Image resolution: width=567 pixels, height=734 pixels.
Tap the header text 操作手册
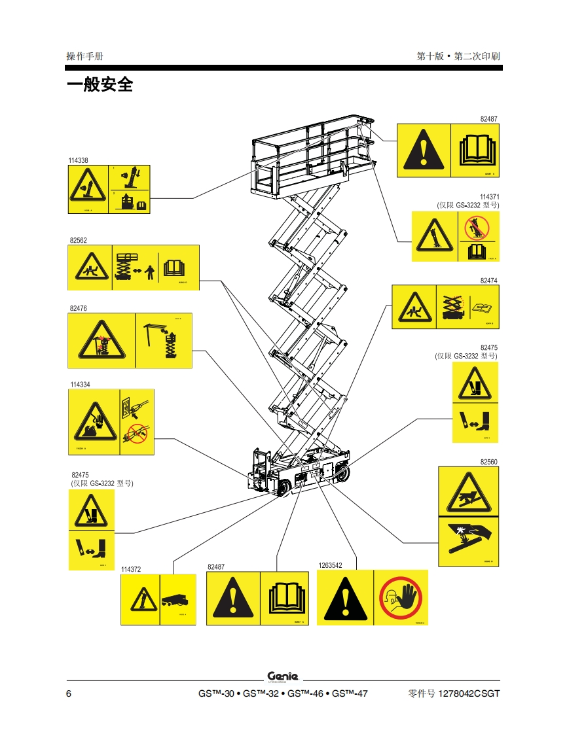coord(84,56)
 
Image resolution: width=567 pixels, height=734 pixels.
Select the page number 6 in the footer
coord(69,693)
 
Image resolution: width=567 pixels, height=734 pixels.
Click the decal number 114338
coord(78,160)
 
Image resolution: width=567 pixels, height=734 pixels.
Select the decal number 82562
coord(78,240)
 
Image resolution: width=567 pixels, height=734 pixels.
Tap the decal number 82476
coord(78,308)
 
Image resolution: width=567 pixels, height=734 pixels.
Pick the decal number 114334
coord(80,385)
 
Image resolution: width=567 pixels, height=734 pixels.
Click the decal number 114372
coord(131,569)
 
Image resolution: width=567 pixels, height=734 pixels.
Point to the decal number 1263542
coord(331,565)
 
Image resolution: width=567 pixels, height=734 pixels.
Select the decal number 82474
coord(488,280)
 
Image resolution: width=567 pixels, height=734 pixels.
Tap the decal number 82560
coord(488,462)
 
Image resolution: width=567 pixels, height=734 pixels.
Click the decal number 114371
coord(489,197)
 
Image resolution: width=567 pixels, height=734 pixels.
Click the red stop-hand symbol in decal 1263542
coord(400,597)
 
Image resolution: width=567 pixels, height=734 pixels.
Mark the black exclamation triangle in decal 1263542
coord(344,599)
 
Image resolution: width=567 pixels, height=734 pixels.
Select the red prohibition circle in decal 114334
coord(137,432)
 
